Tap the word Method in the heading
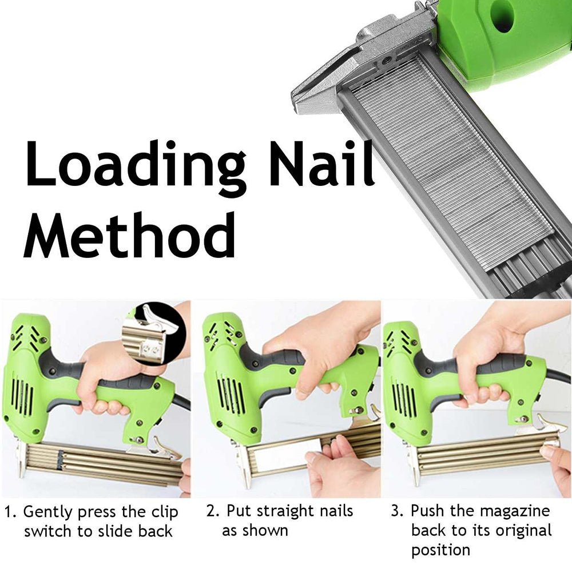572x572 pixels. (x=129, y=234)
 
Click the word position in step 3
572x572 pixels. (x=440, y=550)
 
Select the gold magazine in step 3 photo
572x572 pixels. (x=486, y=455)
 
